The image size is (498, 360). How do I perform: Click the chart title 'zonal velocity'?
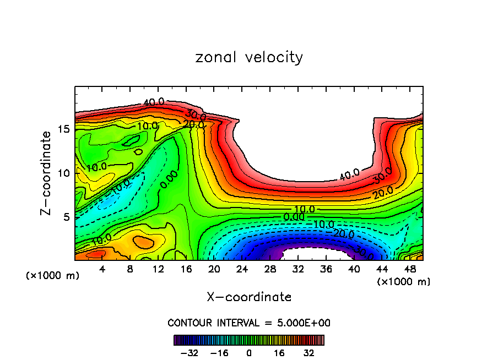pyautogui.click(x=249, y=57)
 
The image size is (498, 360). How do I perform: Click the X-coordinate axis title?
pyautogui.click(x=249, y=297)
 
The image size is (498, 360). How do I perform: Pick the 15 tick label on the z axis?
pyautogui.click(x=64, y=129)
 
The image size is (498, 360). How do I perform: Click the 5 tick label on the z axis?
pyautogui.click(x=67, y=217)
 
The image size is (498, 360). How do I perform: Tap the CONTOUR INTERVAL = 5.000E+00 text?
pyautogui.click(x=249, y=323)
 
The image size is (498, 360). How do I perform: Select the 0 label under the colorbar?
pyautogui.click(x=249, y=352)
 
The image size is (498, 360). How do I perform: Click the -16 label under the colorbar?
pyautogui.click(x=219, y=352)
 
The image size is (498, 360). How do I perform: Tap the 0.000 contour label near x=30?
pyautogui.click(x=294, y=217)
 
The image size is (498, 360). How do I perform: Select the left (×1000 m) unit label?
pyautogui.click(x=53, y=276)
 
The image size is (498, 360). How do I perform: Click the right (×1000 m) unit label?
pyautogui.click(x=404, y=282)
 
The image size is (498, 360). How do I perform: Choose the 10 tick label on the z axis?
pyautogui.click(x=64, y=173)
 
